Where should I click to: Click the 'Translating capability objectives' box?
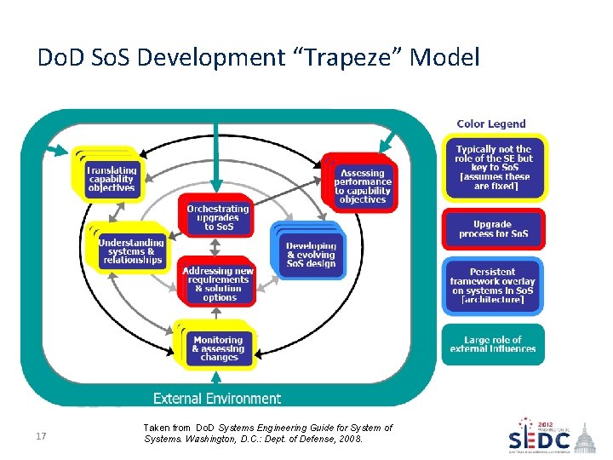(111, 179)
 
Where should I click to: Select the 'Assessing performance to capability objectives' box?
(363, 186)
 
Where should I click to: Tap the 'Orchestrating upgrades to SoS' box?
(218, 217)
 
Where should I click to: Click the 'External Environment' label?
(216, 398)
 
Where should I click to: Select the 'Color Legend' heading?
(491, 124)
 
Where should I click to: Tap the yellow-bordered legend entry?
(494, 168)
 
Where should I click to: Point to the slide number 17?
(40, 437)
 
